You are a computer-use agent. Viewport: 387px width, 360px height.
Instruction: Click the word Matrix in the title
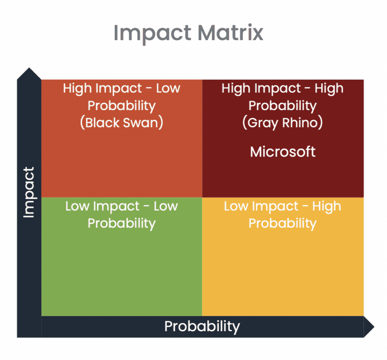click(x=231, y=33)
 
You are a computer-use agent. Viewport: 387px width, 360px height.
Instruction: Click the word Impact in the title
click(x=152, y=34)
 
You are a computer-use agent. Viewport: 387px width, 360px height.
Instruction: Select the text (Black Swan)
click(x=122, y=123)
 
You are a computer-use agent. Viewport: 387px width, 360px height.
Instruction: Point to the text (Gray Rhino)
click(x=283, y=123)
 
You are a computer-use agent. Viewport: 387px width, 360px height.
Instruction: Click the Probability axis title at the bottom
click(x=202, y=326)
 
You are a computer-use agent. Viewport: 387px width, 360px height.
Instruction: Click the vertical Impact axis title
click(x=29, y=192)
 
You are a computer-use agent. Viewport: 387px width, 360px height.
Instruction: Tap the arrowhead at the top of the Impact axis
click(x=29, y=74)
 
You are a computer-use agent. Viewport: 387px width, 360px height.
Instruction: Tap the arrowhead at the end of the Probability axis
click(x=369, y=327)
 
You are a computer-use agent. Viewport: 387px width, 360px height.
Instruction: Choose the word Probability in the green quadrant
click(x=122, y=223)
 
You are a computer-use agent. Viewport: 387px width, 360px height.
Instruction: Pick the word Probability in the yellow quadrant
click(x=283, y=223)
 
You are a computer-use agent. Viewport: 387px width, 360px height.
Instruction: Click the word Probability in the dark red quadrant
click(x=283, y=106)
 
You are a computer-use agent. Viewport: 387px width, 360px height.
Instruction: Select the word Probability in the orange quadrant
click(x=122, y=106)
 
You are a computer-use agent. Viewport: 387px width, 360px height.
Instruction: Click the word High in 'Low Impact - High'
click(x=327, y=207)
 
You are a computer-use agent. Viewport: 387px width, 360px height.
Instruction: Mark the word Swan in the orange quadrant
click(x=143, y=123)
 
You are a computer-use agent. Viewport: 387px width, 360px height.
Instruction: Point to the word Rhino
click(x=303, y=123)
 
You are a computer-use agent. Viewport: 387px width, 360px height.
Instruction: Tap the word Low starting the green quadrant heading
click(x=77, y=206)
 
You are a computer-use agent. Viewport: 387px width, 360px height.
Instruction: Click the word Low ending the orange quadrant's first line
click(x=168, y=88)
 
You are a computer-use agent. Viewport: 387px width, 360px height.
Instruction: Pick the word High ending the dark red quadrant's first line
click(x=329, y=89)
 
